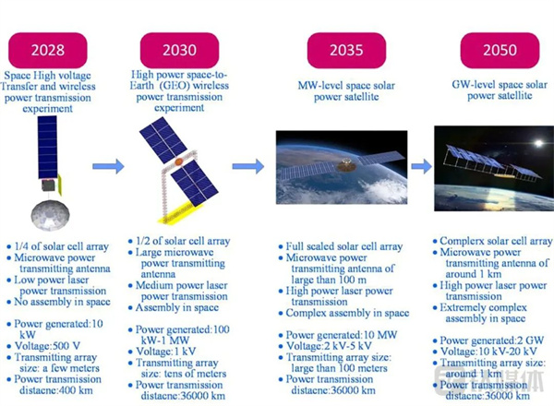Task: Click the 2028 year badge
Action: (48, 50)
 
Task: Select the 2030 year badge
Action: (179, 50)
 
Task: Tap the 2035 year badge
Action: (346, 50)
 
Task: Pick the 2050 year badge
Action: (500, 50)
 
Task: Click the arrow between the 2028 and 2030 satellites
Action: (108, 166)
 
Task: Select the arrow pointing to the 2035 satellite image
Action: (248, 166)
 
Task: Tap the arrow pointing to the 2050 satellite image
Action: (422, 166)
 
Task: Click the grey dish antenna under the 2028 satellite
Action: (50, 215)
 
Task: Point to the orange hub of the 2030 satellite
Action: (179, 161)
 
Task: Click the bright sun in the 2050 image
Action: (538, 143)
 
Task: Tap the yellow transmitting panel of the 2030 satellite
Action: (179, 213)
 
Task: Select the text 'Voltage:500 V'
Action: (47, 346)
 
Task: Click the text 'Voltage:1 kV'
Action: (165, 352)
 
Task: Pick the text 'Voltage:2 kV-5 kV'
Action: (329, 346)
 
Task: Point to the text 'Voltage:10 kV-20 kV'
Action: (488, 352)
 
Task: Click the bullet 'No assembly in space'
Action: (62, 303)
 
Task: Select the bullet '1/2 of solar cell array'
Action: (183, 241)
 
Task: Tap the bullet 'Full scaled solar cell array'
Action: (344, 246)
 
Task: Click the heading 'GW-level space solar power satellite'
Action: (500, 90)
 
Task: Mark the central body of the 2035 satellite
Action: (345, 165)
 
